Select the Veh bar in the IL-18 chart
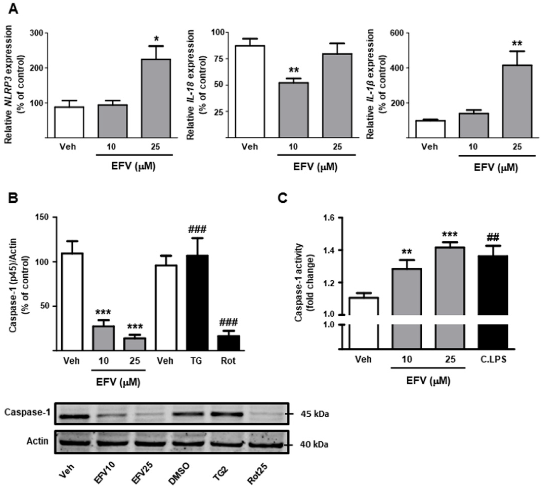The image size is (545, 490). pos(250,92)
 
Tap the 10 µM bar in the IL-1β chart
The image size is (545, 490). pos(474,125)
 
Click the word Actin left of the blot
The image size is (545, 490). pos(37,441)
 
